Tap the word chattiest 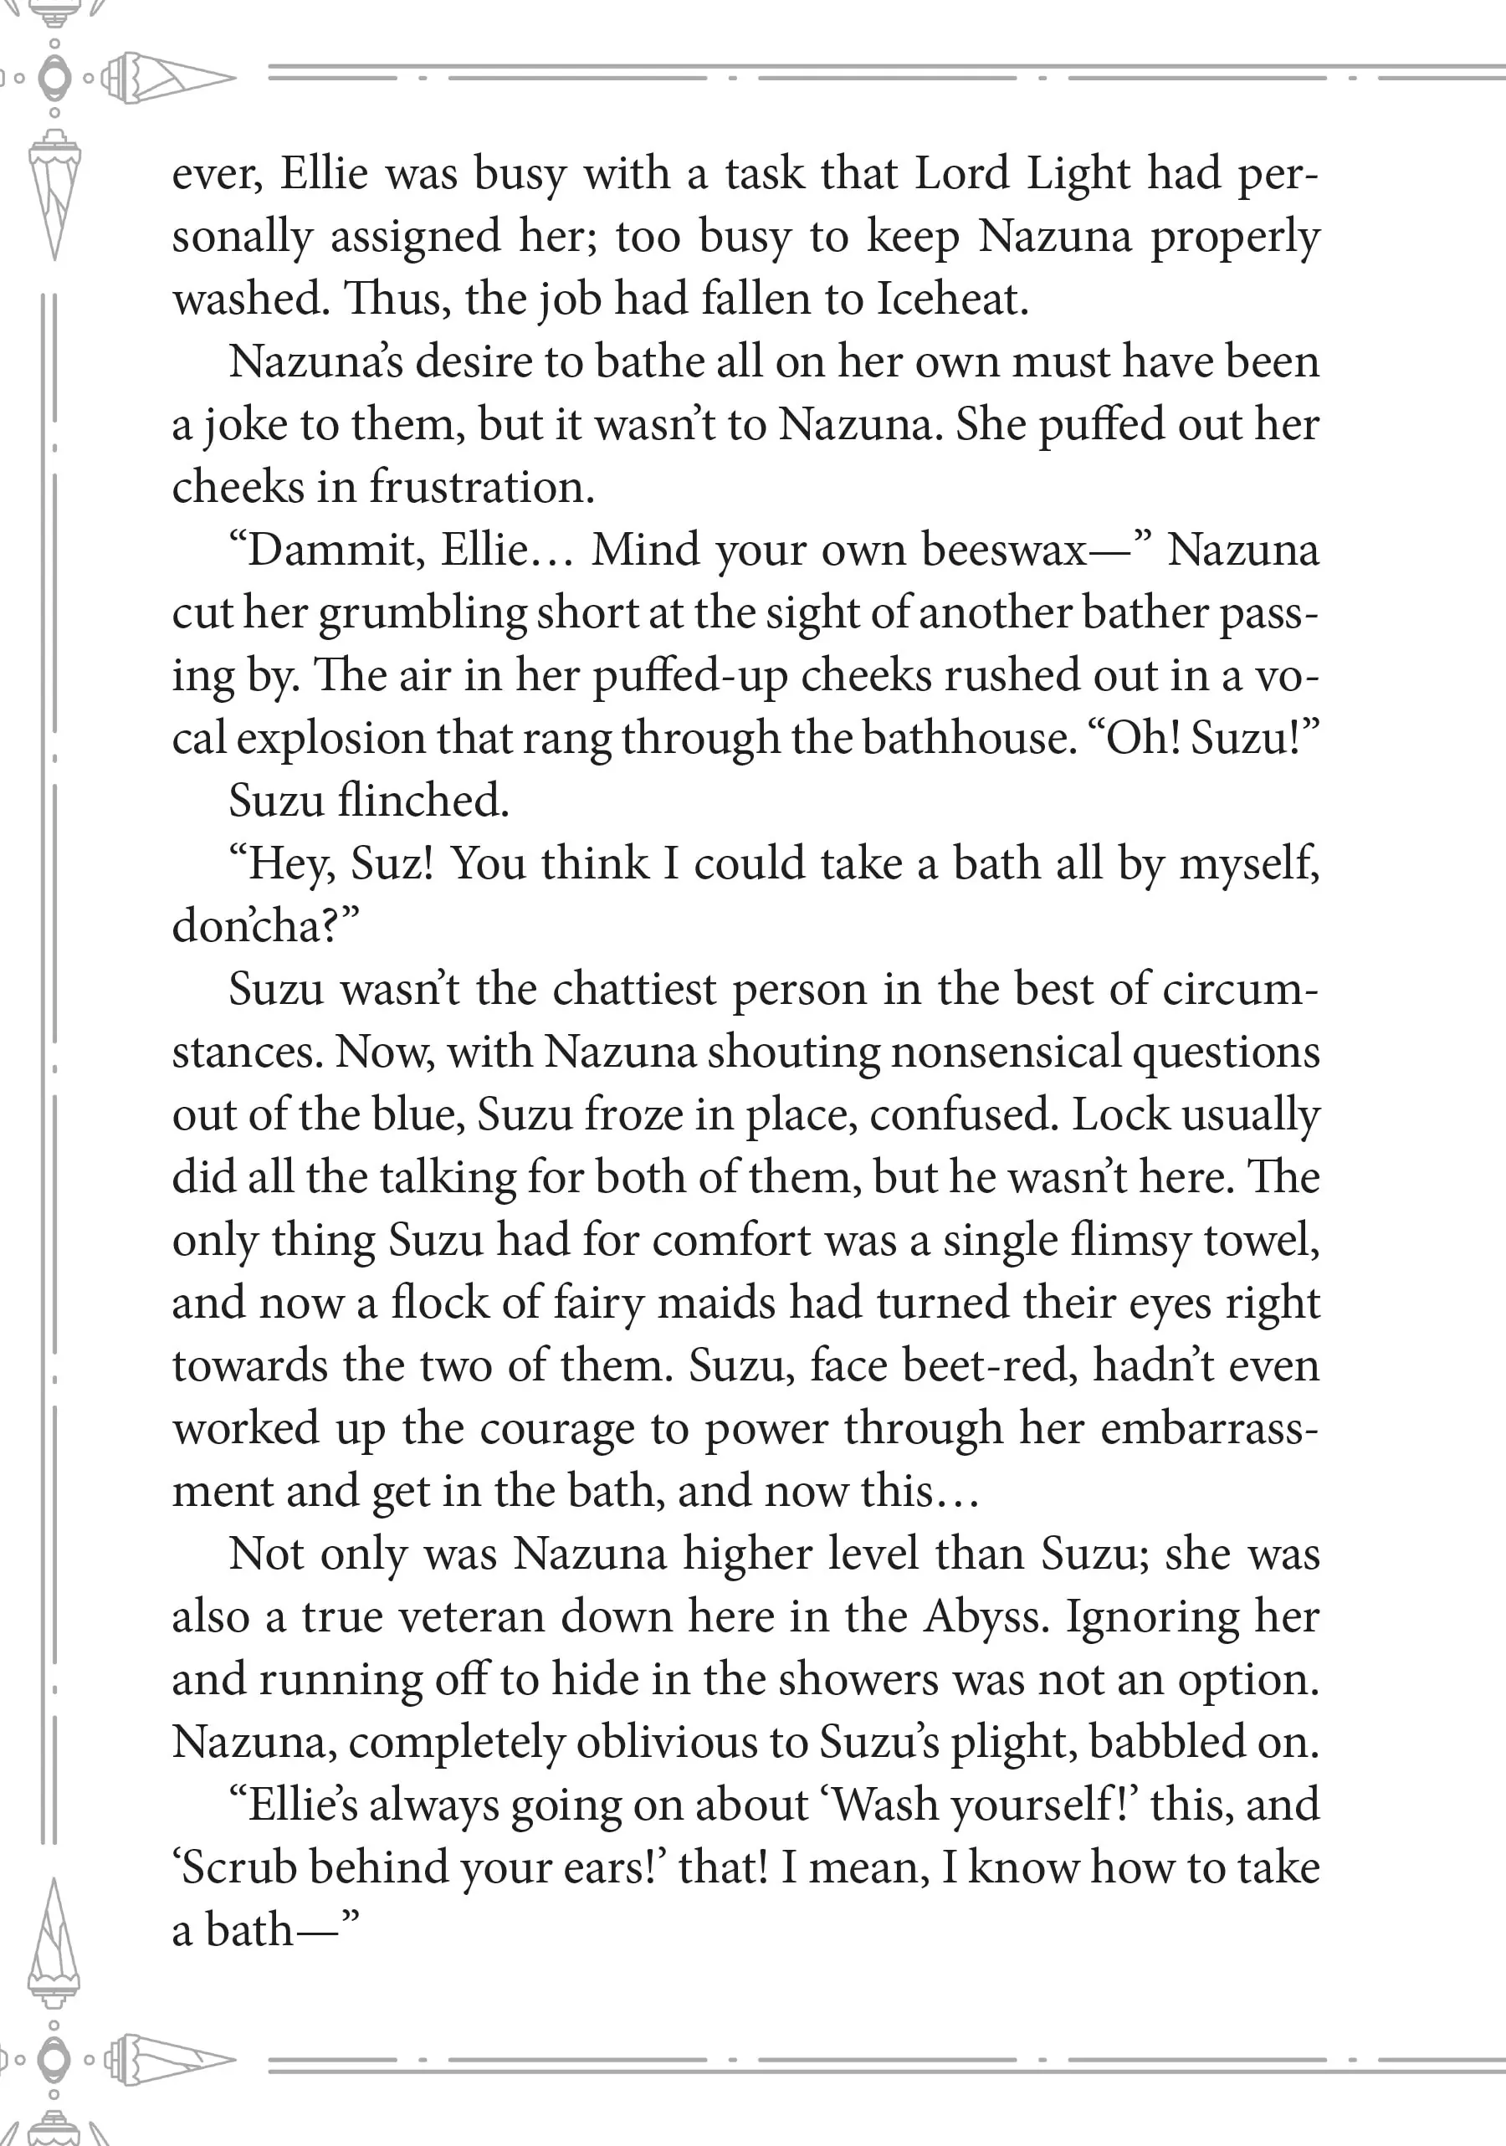point(635,990)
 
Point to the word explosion point(330,739)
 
